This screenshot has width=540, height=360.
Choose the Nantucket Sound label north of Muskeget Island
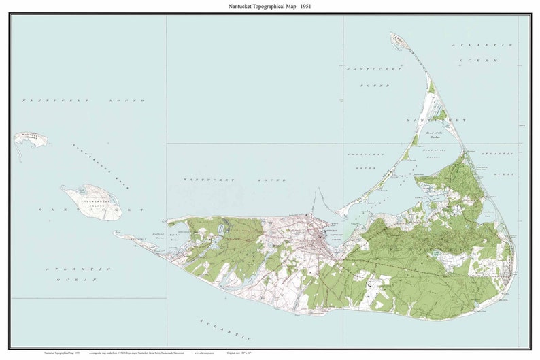(x=83, y=101)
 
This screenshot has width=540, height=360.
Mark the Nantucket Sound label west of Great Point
(x=368, y=77)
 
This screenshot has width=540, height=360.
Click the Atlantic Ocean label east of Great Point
(x=484, y=52)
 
